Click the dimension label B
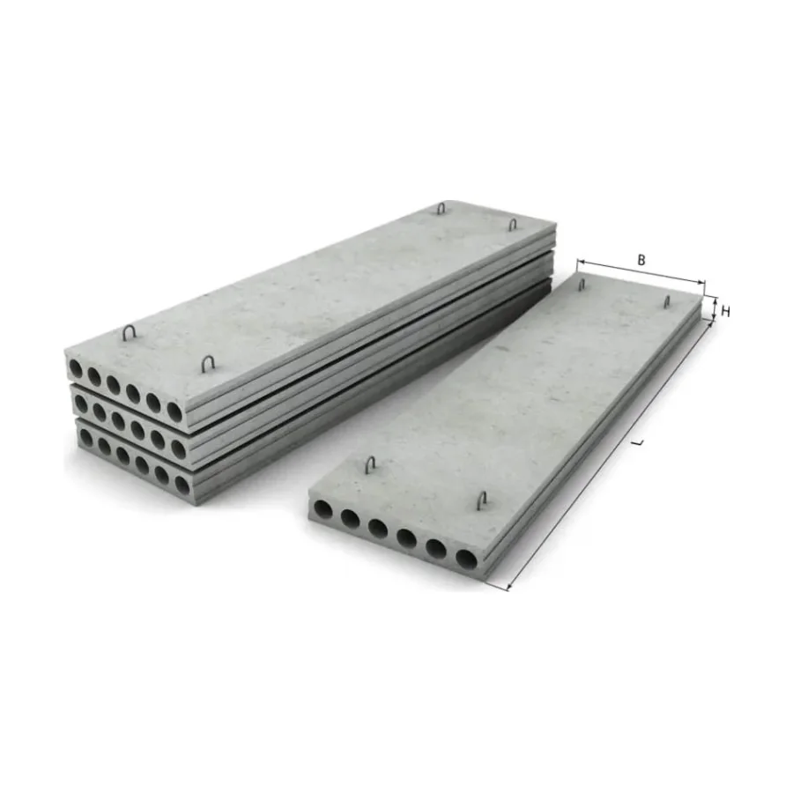coord(641,260)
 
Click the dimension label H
coord(726,312)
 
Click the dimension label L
coord(641,442)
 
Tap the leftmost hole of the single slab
coord(323,510)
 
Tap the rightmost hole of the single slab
coord(466,558)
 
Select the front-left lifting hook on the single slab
coord(372,464)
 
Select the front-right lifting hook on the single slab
coord(483,500)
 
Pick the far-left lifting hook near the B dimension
coord(582,284)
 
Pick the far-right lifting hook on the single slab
coord(667,302)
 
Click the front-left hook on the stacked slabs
coord(130,333)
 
